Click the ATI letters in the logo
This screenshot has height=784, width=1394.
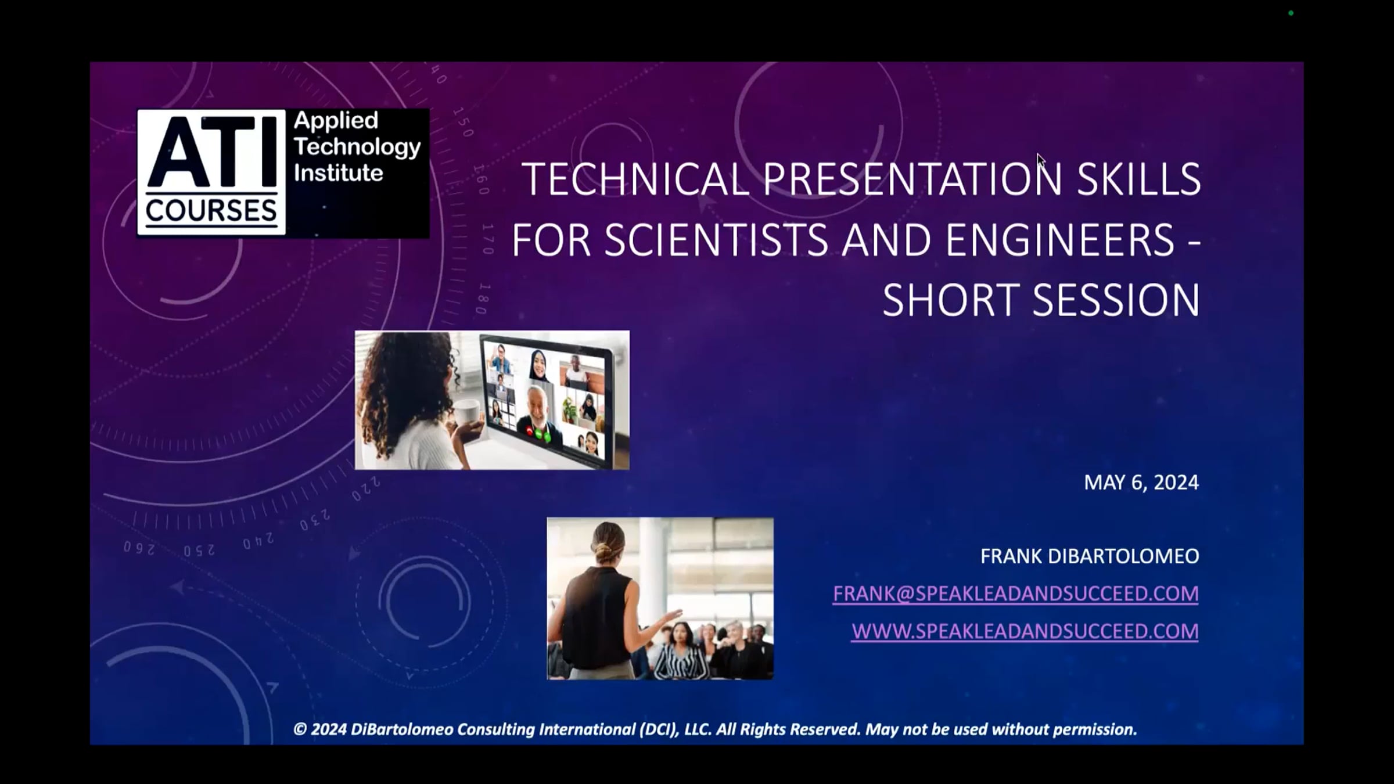pos(211,152)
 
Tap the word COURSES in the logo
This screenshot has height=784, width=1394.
pos(211,210)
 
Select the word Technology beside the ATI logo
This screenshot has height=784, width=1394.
pos(357,148)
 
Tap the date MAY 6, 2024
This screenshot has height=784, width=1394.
pos(1141,483)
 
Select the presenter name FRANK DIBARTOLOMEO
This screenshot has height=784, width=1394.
pos(1090,556)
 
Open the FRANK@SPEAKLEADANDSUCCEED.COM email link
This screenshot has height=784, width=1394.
pos(1015,594)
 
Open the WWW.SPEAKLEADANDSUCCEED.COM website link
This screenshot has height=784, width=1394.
pos(1025,631)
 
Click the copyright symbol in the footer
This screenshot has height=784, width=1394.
pos(300,729)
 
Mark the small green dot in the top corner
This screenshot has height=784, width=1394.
pos(1291,13)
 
